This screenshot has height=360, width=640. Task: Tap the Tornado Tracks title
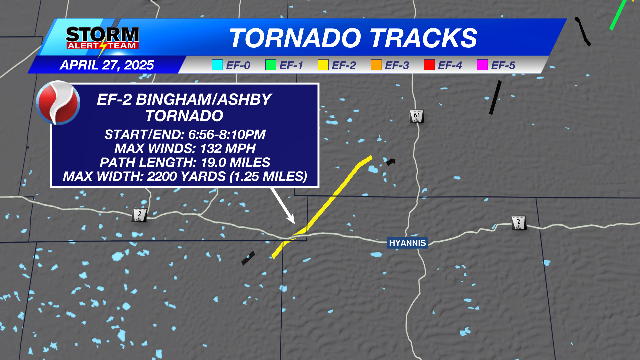353,38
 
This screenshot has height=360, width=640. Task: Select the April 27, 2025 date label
107,65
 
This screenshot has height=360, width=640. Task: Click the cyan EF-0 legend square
217,65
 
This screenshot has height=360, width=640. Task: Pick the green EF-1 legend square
270,65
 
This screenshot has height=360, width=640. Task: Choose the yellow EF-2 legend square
323,65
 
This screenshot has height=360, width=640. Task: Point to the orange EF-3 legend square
376,65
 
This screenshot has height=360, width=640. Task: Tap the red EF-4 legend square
429,65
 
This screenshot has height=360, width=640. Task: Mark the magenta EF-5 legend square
482,65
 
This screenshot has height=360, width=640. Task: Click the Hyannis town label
407,243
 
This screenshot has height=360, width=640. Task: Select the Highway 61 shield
417,116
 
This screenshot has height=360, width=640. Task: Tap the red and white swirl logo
58,103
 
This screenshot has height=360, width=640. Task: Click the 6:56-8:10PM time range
227,135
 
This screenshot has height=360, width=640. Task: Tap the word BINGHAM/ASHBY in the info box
203,100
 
